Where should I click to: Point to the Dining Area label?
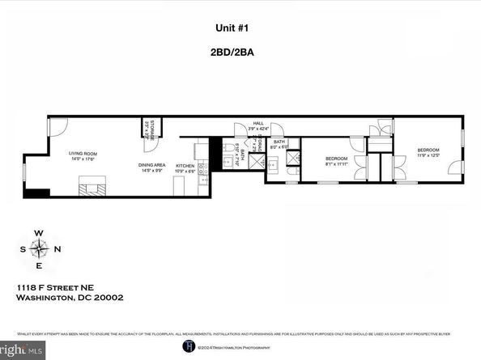click(x=153, y=167)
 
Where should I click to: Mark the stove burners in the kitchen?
click(x=203, y=167)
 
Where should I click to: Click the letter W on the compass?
click(x=38, y=233)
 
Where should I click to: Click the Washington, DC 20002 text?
click(x=70, y=297)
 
